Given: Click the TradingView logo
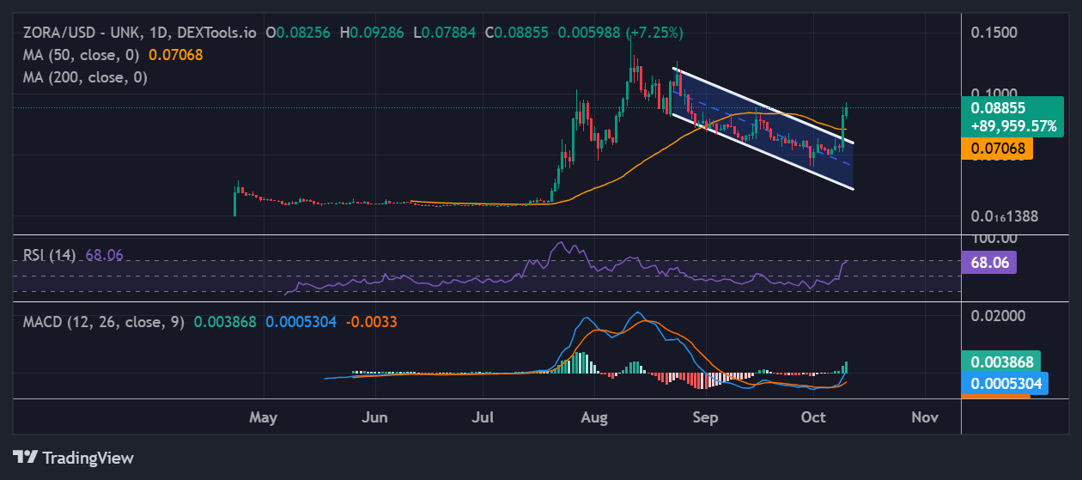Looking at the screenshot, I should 73,458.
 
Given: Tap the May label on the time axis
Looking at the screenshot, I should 264,417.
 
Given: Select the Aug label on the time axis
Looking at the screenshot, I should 594,417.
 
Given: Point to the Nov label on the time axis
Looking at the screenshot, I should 924,417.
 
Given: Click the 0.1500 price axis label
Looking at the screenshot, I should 994,33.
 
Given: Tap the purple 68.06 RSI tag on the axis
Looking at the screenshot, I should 992,262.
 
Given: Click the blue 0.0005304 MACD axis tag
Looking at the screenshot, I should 1005,383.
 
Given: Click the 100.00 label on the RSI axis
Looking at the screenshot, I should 994,239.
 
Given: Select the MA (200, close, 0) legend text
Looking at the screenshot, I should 85,77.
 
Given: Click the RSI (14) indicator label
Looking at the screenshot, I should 51,255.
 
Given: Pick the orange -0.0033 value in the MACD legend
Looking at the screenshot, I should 371,322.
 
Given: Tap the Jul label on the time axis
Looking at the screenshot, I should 484,417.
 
